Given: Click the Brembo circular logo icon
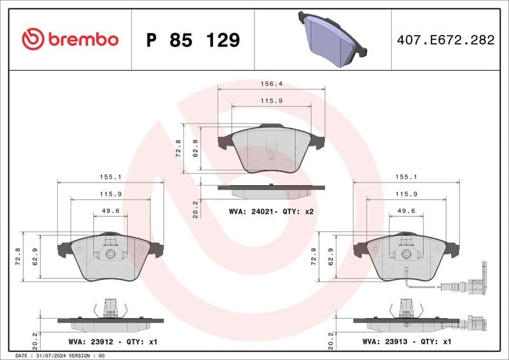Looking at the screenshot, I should pos(32,39).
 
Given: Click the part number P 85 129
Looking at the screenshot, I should pos(193,40).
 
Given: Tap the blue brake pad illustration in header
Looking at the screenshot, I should pos(331,39).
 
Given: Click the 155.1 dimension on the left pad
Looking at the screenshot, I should pos(111,177).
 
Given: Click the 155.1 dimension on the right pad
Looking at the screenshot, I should pos(406,177).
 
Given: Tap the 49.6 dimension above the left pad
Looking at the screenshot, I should pos(111,211).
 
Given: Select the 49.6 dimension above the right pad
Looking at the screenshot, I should pos(406,211).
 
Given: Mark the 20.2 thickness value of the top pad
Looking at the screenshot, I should pos(195,209).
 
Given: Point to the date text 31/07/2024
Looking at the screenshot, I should pos(61,355).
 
